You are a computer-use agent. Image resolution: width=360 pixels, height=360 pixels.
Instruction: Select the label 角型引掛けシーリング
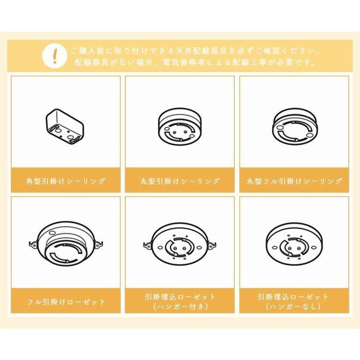point(66,181)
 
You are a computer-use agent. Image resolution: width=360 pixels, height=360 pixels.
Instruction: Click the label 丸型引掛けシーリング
point(180,181)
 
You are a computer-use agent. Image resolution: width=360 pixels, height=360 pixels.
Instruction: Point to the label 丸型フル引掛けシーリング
point(295,181)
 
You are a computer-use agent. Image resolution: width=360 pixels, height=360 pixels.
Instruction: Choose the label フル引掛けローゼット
point(66,302)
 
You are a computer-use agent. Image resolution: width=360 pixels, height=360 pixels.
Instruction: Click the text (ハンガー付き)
point(180,307)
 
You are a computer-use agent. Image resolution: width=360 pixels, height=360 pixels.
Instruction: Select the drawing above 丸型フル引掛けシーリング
point(294,126)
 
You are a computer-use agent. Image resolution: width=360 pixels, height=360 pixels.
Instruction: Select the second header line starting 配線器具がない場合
point(195,62)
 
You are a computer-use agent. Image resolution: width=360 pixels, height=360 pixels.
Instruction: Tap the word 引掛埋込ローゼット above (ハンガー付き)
point(180,297)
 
